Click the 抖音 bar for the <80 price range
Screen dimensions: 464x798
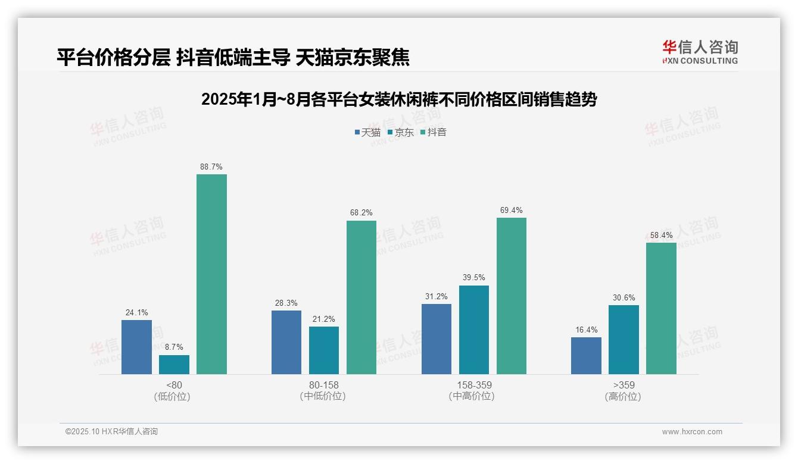pos(211,274)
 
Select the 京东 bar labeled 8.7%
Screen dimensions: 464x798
pos(174,365)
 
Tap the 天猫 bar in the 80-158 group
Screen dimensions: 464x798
pos(286,342)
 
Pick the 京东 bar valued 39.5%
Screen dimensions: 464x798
pos(474,330)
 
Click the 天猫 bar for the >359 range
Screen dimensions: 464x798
pos(586,356)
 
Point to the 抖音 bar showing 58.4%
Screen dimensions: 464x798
pos(661,308)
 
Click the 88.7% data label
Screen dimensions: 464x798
pos(211,167)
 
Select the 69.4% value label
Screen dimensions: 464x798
pos(511,211)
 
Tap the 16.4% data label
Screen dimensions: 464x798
pos(586,330)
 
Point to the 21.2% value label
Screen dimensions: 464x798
pos(324,319)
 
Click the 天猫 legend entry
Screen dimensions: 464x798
pos(367,132)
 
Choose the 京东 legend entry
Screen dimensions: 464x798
pos(400,132)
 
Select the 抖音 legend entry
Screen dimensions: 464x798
pos(433,132)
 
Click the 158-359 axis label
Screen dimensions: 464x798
pos(474,385)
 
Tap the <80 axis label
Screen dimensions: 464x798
pos(174,385)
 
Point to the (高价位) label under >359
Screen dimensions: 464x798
pos(624,397)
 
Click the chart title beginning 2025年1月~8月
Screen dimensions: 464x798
pos(399,99)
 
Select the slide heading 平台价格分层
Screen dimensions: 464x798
pos(233,57)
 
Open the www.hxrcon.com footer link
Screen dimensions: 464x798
pos(691,432)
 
